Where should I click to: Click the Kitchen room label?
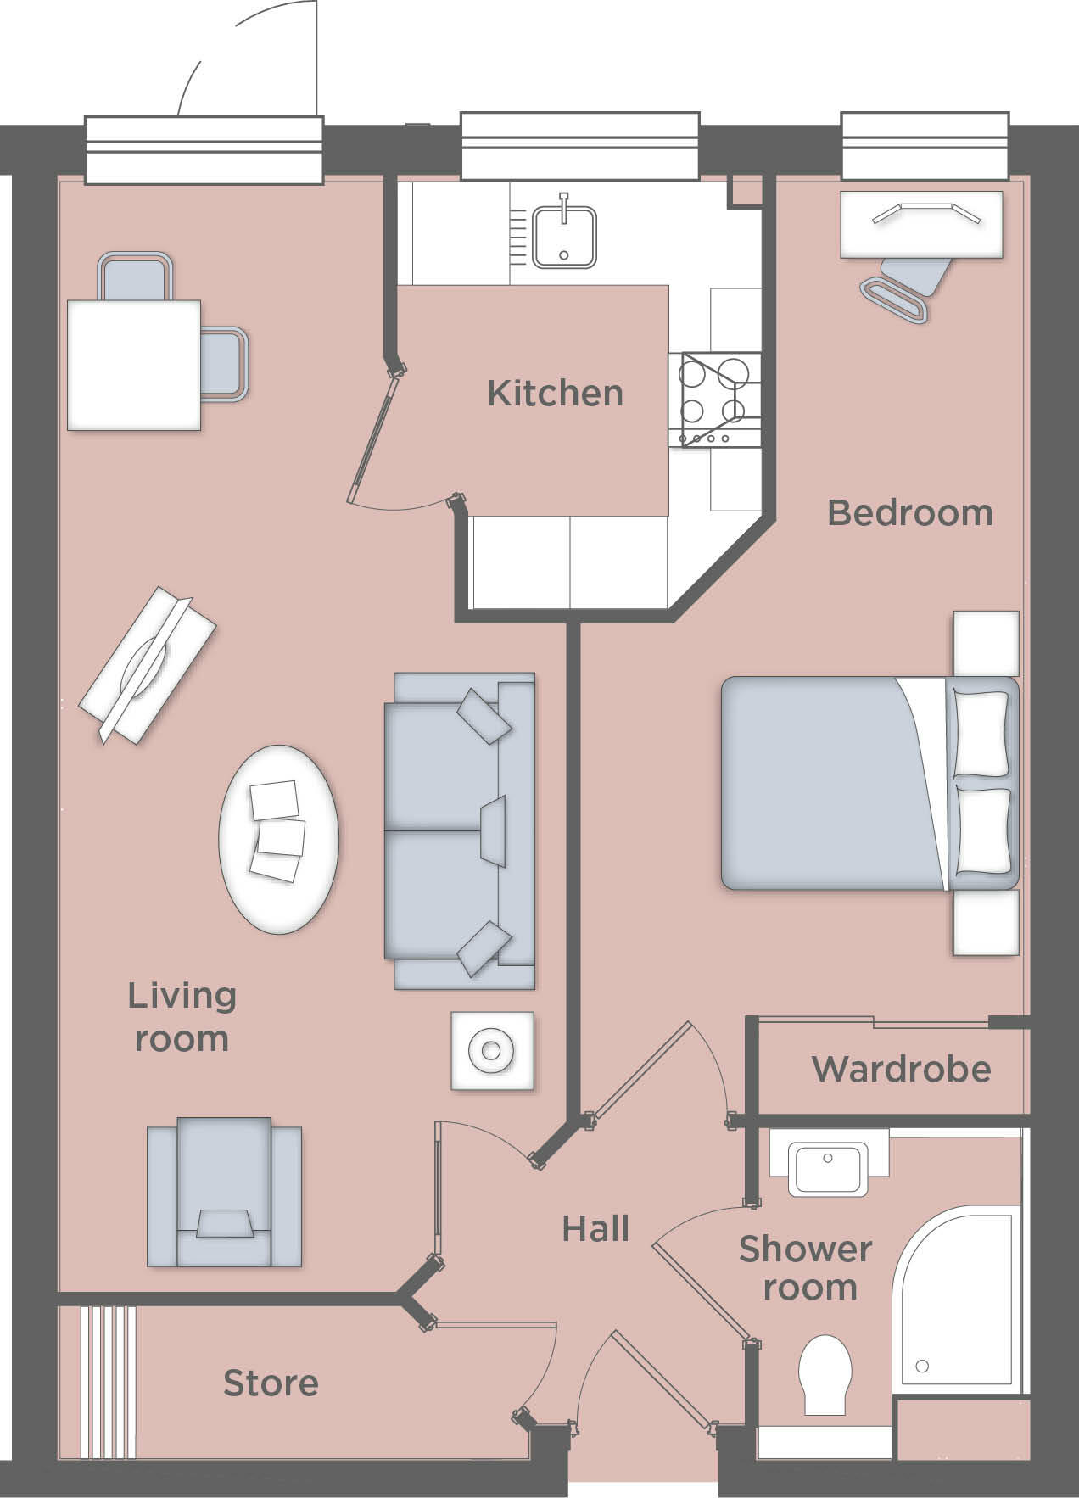point(555,394)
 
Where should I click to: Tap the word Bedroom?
point(909,513)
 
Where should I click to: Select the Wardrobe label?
point(901,1070)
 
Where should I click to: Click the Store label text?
point(271,1383)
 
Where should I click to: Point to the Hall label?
point(595,1229)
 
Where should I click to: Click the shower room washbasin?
point(828,1169)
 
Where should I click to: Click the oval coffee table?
point(278,839)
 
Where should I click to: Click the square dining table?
point(133,365)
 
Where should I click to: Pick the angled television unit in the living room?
point(148,664)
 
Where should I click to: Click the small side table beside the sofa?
point(492,1051)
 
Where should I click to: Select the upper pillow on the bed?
point(981,734)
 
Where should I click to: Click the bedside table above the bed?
point(985,643)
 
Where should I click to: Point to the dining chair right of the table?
point(225,363)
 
